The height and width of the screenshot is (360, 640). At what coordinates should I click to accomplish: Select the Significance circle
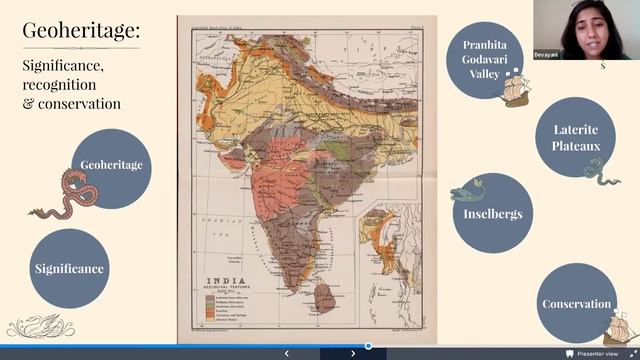tap(69, 268)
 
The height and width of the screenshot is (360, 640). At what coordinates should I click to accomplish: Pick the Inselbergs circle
tap(493, 213)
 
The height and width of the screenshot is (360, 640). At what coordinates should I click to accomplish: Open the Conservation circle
tap(576, 303)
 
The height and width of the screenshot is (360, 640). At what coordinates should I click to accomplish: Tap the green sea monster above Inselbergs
tap(468, 192)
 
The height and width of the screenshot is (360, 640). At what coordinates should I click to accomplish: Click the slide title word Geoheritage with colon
tap(81, 31)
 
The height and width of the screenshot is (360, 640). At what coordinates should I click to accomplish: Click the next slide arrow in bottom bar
tap(353, 353)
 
